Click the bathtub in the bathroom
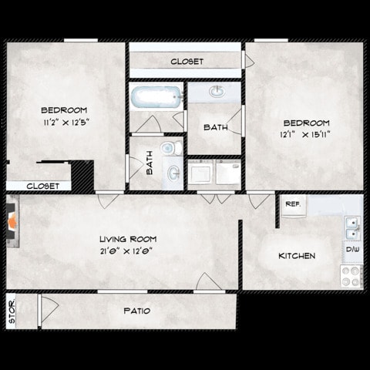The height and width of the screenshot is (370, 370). click(x=156, y=98)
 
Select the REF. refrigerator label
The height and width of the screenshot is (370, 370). click(x=292, y=204)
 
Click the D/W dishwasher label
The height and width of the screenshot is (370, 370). click(x=351, y=250)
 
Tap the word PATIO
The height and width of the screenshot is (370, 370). click(x=137, y=311)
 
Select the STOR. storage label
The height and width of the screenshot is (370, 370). click(x=12, y=311)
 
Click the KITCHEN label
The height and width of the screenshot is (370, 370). click(x=296, y=256)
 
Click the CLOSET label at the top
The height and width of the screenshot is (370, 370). click(x=187, y=61)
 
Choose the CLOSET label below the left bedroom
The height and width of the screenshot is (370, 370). click(x=43, y=186)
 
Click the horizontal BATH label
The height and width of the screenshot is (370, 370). click(x=215, y=127)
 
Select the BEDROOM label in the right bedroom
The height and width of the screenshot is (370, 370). click(x=306, y=123)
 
